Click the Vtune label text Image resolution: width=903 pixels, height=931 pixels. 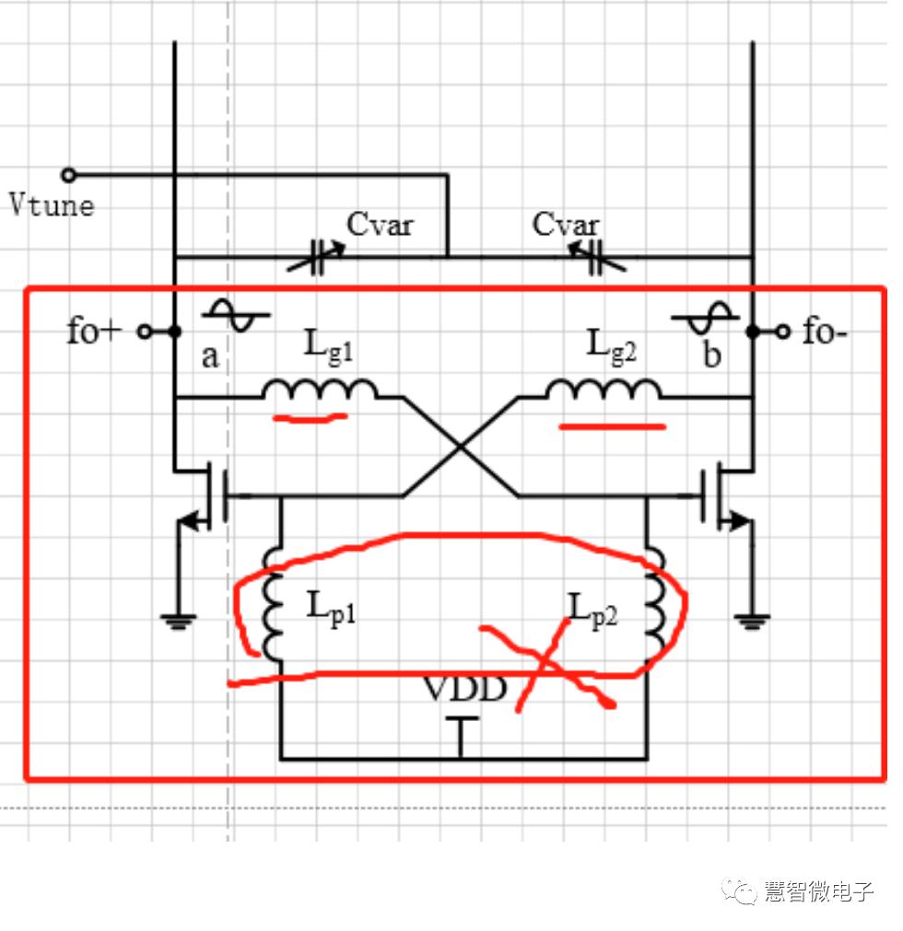click(52, 204)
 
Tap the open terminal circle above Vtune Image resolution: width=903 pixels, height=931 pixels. click(67, 175)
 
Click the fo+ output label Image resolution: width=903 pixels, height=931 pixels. click(94, 332)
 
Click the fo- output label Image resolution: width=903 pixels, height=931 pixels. click(824, 332)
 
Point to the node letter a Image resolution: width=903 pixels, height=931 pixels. click(210, 355)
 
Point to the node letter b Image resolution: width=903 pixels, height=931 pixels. click(711, 355)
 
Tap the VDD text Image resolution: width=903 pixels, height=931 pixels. click(465, 688)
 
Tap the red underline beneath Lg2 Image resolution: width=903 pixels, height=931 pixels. click(612, 426)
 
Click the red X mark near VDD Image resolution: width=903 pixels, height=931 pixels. click(545, 665)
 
